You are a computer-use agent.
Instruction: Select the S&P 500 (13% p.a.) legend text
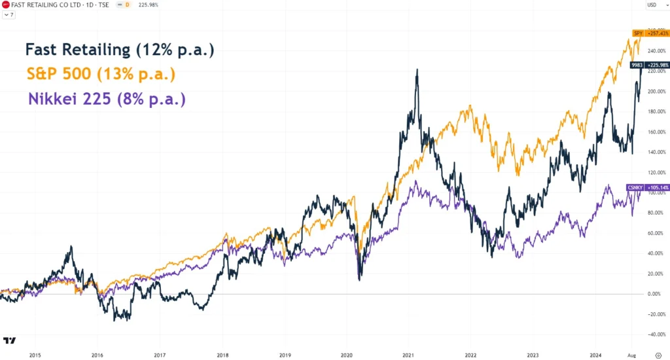(101, 75)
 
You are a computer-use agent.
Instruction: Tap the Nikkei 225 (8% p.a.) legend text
(107, 99)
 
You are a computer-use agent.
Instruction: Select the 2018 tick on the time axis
(222, 354)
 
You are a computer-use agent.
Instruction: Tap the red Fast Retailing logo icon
(6, 5)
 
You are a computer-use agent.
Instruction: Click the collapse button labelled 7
(9, 14)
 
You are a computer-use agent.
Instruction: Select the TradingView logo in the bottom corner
(10, 340)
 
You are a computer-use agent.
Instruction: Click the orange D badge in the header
(126, 5)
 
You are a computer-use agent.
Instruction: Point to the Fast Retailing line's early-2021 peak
(417, 71)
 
